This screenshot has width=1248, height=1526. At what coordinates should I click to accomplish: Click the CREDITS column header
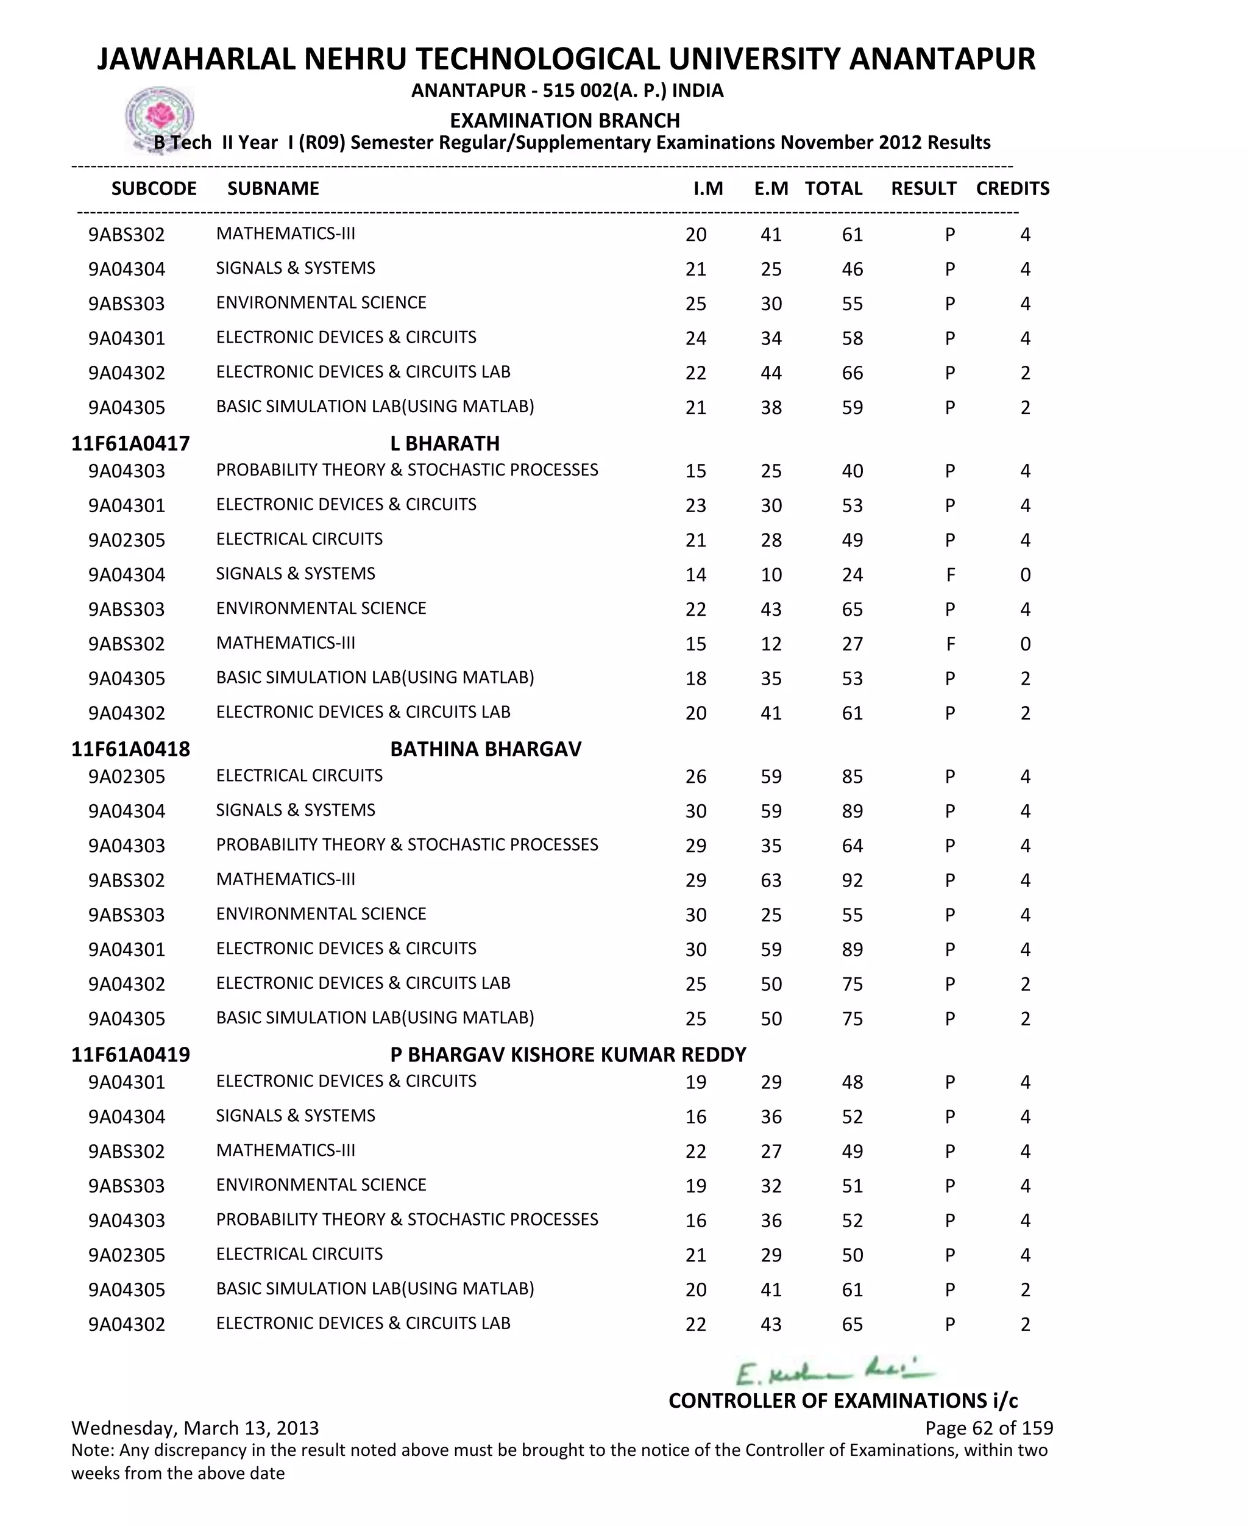tap(1012, 188)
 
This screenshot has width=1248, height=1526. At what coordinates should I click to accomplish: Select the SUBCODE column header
tap(154, 188)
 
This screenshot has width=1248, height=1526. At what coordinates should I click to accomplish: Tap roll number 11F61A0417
tap(130, 443)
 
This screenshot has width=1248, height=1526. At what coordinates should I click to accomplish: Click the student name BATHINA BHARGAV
tap(485, 749)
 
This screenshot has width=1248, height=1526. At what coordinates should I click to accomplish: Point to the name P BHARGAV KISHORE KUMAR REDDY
tap(568, 1054)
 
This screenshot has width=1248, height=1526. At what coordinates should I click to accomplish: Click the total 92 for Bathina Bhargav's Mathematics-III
tap(852, 880)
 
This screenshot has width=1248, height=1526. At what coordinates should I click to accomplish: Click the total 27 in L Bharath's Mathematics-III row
tap(852, 644)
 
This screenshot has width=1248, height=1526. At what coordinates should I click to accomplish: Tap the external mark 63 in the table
tap(771, 880)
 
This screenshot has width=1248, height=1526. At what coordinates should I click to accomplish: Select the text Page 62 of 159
tap(988, 1427)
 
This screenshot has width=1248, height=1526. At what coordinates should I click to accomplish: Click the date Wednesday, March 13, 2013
tap(195, 1427)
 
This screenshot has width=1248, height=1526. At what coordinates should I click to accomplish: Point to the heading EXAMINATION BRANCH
tap(564, 120)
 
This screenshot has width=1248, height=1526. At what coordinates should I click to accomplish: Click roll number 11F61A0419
tap(130, 1054)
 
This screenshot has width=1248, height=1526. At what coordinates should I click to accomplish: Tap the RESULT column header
tap(923, 188)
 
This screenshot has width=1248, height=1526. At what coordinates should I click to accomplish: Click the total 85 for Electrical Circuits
tap(852, 777)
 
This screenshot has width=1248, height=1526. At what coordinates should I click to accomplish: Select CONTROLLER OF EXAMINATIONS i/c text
tap(843, 1400)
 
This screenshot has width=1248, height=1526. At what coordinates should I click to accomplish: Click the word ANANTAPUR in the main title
tap(941, 59)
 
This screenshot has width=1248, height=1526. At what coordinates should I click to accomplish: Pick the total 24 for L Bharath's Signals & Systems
tap(852, 574)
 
